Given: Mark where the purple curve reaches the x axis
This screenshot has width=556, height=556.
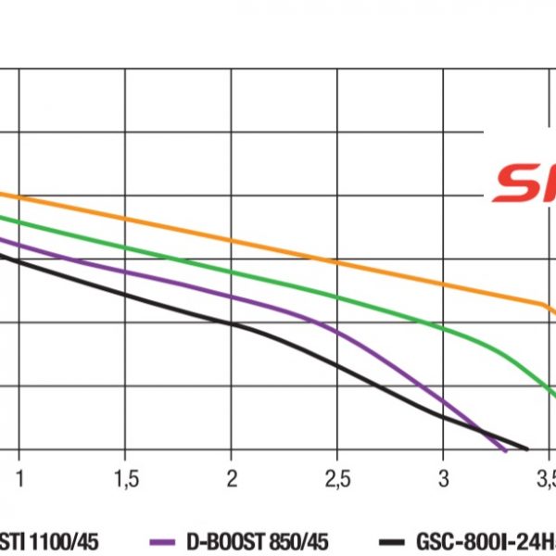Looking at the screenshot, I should pyautogui.click(x=506, y=450).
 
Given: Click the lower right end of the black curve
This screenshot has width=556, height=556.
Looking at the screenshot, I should pyautogui.click(x=526, y=449).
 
